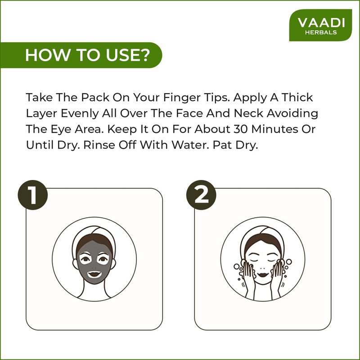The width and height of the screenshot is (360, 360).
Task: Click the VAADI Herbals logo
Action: [x=320, y=25]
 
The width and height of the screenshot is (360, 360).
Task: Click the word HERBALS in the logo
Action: [x=321, y=32]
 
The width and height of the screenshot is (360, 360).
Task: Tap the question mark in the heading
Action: [x=144, y=55]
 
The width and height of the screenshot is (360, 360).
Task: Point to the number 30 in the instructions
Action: [x=241, y=129]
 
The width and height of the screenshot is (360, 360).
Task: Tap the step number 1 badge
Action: [x=33, y=195]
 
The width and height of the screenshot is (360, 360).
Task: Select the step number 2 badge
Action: [x=201, y=195]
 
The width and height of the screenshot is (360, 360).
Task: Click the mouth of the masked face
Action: [x=94, y=274]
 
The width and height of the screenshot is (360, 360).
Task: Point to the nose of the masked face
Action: [x=94, y=267]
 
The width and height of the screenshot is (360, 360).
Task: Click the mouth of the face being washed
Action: [x=263, y=274]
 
